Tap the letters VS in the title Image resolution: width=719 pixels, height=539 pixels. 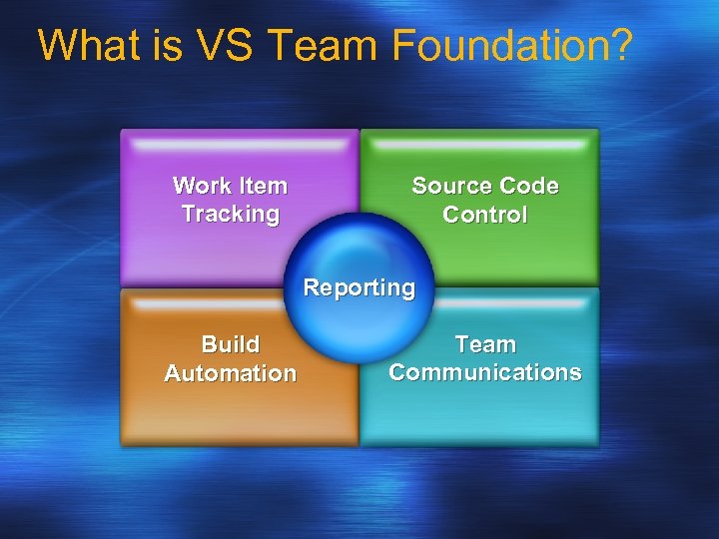(x=225, y=46)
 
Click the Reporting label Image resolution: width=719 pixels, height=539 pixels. (x=359, y=287)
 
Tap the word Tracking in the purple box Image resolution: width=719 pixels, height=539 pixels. (x=231, y=214)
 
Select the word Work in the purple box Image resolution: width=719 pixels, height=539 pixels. (x=201, y=186)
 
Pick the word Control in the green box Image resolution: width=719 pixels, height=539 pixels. (x=485, y=215)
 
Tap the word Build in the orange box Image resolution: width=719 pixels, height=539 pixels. (x=231, y=344)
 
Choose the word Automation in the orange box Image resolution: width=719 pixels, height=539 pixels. (x=231, y=373)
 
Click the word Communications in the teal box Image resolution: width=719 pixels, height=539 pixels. (x=485, y=372)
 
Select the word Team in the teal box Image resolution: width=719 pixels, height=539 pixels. (x=485, y=344)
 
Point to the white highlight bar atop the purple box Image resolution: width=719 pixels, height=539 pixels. (x=240, y=145)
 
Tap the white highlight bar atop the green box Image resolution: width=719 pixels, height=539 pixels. (x=479, y=145)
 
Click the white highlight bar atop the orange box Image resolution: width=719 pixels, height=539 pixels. (x=240, y=302)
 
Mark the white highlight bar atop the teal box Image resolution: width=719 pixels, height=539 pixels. (x=479, y=302)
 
